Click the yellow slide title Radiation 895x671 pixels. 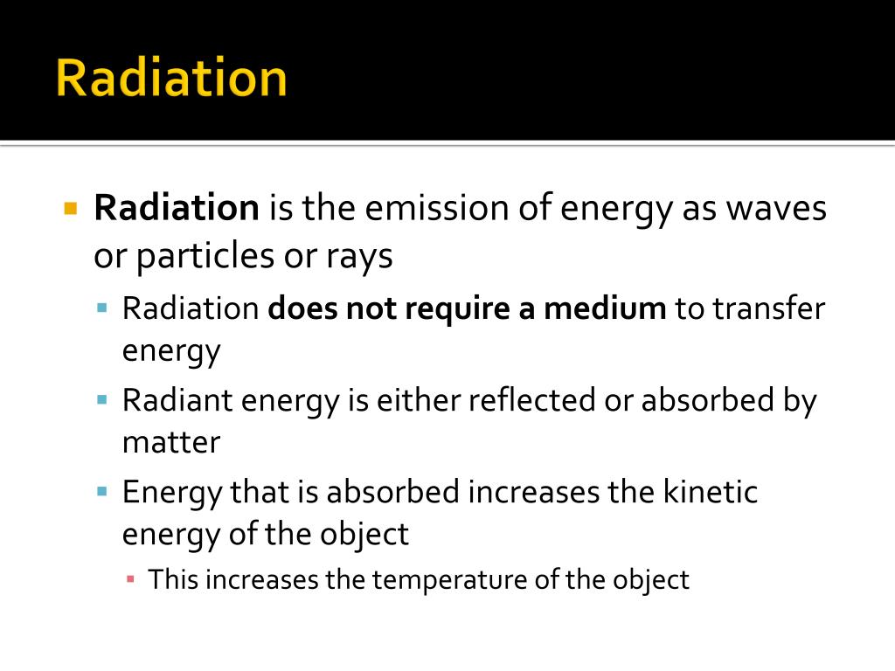[171, 79]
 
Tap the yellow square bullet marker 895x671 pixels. [72, 209]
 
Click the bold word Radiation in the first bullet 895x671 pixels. [177, 209]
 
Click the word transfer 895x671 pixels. [769, 308]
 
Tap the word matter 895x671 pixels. [171, 442]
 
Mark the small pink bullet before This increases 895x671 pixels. [130, 579]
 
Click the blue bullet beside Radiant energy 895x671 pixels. [102, 400]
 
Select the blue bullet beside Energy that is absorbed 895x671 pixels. [102, 492]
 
